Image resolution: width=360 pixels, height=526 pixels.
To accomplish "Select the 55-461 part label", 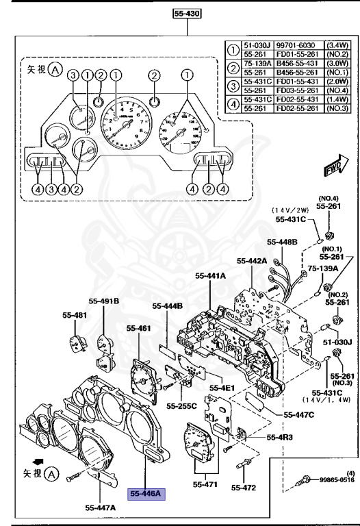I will point(138,329).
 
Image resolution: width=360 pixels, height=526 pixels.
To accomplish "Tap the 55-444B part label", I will point(168,306).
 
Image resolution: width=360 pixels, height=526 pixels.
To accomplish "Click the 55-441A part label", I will point(213,275).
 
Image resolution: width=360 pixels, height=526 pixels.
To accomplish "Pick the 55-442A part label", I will point(252,261).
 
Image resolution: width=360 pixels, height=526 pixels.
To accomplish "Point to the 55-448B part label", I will point(282,242).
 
